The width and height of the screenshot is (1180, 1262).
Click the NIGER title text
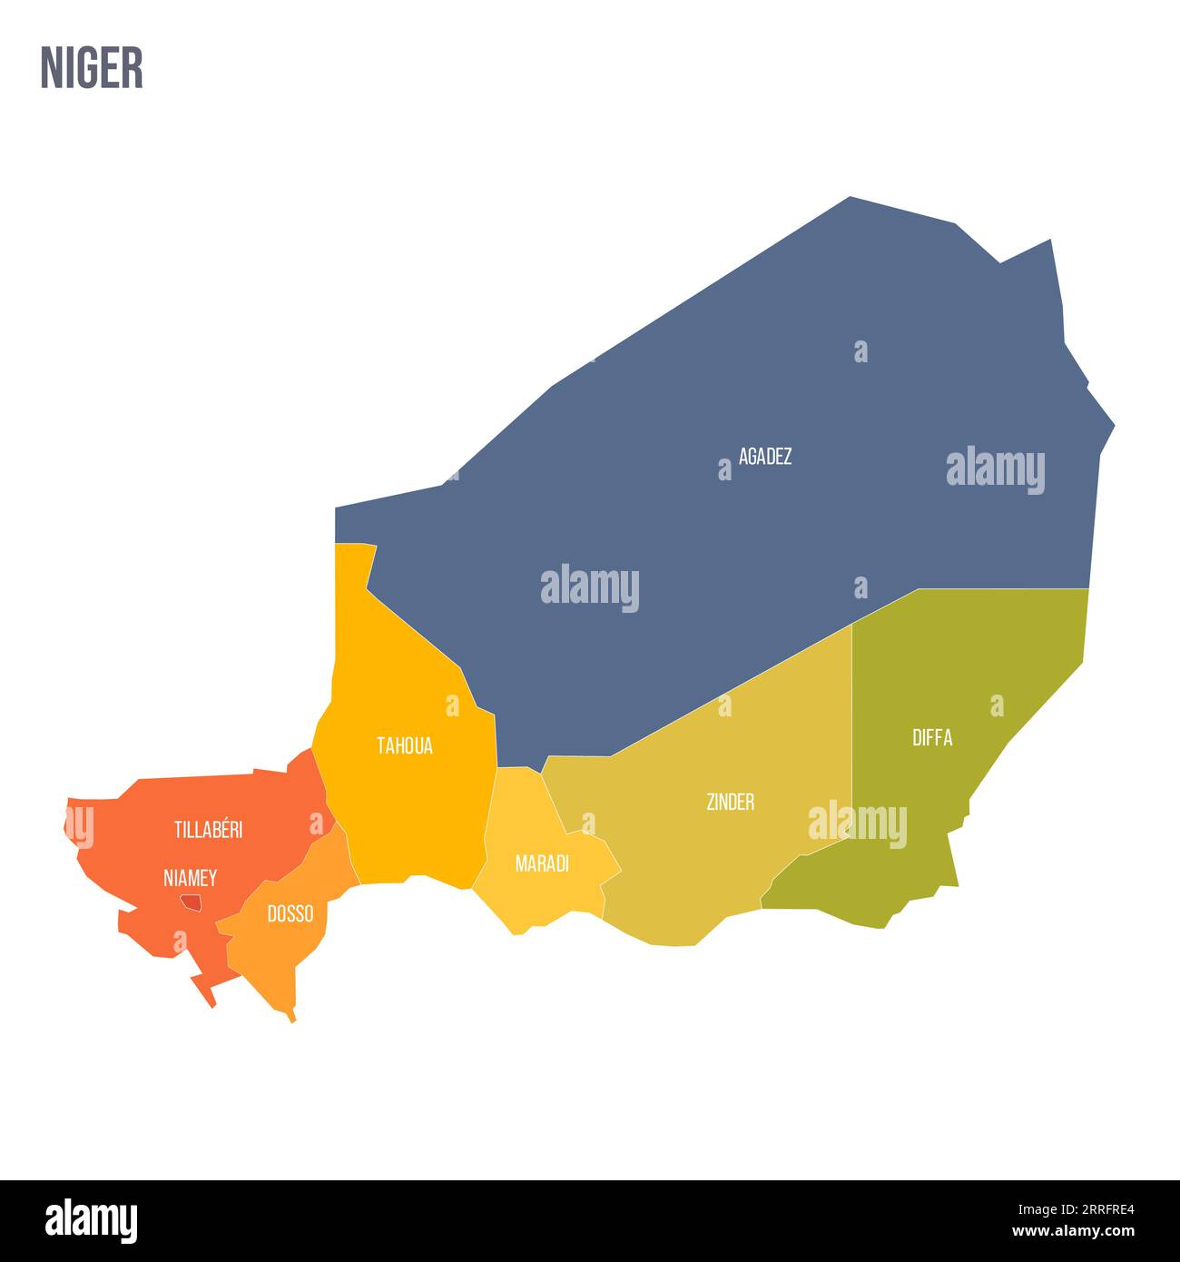[92, 68]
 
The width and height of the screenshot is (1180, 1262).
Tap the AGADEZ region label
[764, 456]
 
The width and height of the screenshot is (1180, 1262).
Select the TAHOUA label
[405, 746]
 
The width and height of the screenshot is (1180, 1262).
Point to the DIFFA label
[932, 737]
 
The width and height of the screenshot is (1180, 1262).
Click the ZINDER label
[730, 802]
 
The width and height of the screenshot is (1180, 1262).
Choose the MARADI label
[542, 863]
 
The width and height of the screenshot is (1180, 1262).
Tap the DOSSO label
[290, 913]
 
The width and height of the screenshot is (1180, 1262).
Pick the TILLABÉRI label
[208, 829]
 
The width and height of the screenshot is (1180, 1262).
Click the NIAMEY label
[190, 878]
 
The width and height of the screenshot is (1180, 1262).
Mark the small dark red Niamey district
[191, 902]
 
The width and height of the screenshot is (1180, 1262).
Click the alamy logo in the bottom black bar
[92, 1220]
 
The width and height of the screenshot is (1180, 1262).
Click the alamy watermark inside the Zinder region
[857, 824]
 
